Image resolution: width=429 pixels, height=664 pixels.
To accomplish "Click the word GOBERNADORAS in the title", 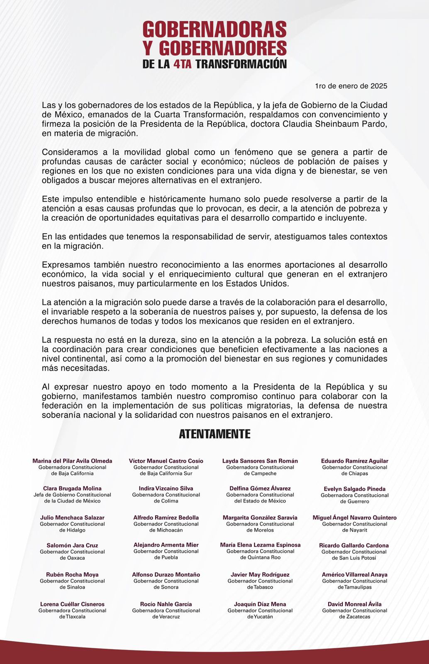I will (x=214, y=29).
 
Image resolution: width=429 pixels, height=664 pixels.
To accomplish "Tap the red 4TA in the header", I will (x=183, y=64).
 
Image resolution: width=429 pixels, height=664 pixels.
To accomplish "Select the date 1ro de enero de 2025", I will (x=351, y=86).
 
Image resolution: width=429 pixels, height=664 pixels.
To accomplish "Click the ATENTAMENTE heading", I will (x=214, y=434).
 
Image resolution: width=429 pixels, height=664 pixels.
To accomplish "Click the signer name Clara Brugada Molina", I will (x=72, y=488).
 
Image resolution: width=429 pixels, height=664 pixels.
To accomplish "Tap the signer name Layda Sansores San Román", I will (x=260, y=461).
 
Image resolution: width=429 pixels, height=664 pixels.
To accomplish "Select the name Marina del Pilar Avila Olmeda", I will (x=72, y=461).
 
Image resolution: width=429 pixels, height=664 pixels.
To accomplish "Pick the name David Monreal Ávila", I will (x=354, y=604).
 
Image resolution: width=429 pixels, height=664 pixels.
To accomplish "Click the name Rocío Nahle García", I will (x=166, y=604).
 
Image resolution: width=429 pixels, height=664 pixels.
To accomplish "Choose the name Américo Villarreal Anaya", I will (x=354, y=575).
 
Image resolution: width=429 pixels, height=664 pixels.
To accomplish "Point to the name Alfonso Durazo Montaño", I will (x=166, y=575).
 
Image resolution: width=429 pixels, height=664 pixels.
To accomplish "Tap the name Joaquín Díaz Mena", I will (x=260, y=604).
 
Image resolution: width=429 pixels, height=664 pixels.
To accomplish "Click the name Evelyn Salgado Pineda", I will (x=354, y=489).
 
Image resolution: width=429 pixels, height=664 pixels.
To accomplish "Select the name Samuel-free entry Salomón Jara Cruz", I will (x=72, y=545).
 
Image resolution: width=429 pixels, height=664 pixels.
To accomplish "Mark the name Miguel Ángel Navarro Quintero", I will (x=354, y=518).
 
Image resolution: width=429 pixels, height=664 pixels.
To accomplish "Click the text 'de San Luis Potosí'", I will (x=354, y=558).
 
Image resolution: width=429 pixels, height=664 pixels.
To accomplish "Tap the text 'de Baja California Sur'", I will (x=166, y=473).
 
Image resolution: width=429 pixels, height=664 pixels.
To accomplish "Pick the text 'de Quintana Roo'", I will (x=260, y=557).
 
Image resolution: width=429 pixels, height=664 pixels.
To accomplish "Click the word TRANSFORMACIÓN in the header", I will (x=241, y=64).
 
